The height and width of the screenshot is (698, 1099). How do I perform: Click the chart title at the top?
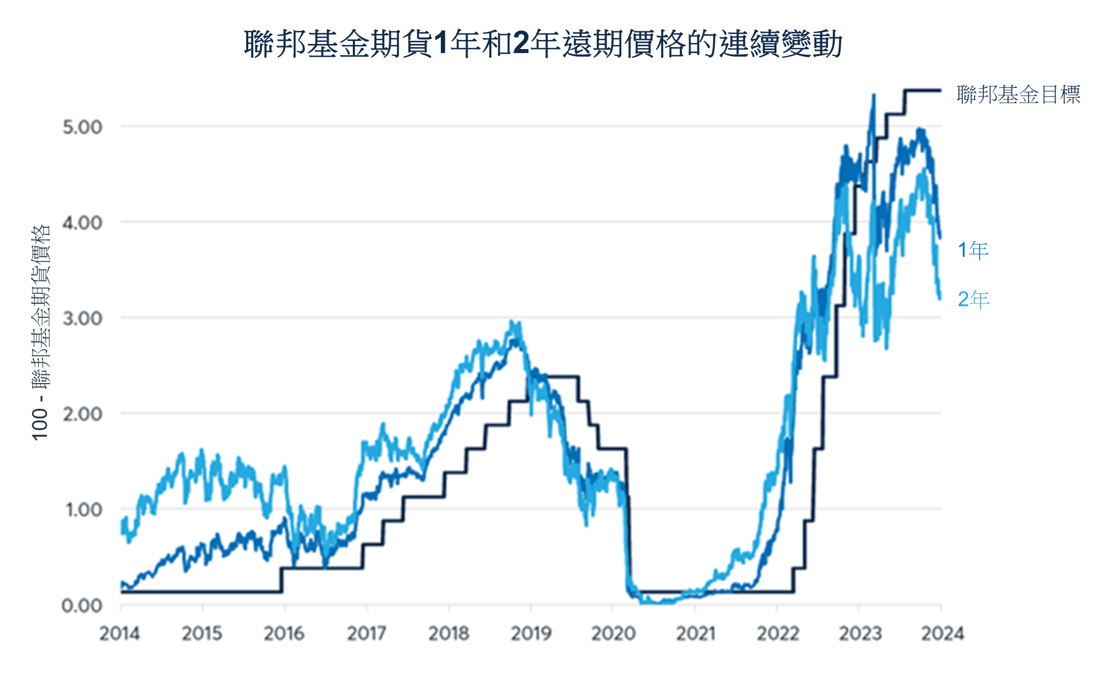543,43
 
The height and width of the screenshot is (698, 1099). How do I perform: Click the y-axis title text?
40,333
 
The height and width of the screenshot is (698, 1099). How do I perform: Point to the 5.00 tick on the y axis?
82,127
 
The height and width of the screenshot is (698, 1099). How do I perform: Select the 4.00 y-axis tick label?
82,222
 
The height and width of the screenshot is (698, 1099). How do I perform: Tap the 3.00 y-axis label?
82,318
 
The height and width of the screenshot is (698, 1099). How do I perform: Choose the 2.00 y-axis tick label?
82,414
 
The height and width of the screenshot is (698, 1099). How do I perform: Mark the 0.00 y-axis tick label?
82,605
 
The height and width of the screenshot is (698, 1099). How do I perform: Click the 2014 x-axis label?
120,633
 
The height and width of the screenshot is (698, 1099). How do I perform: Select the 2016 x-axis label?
284,633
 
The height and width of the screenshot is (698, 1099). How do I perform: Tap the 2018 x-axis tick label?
449,633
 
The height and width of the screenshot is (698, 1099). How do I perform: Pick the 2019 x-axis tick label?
531,633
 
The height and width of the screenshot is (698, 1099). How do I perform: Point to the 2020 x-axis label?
613,633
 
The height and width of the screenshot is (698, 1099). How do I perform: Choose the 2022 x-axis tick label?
777,633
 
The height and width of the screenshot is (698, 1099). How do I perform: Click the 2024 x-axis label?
942,633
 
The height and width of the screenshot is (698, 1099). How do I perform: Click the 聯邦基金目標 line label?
1018,95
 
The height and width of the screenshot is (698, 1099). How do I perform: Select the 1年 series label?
973,250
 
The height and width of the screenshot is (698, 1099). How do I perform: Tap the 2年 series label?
973,299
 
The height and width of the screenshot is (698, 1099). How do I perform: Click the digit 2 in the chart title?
521,43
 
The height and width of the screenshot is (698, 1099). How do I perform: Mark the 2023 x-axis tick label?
860,633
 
